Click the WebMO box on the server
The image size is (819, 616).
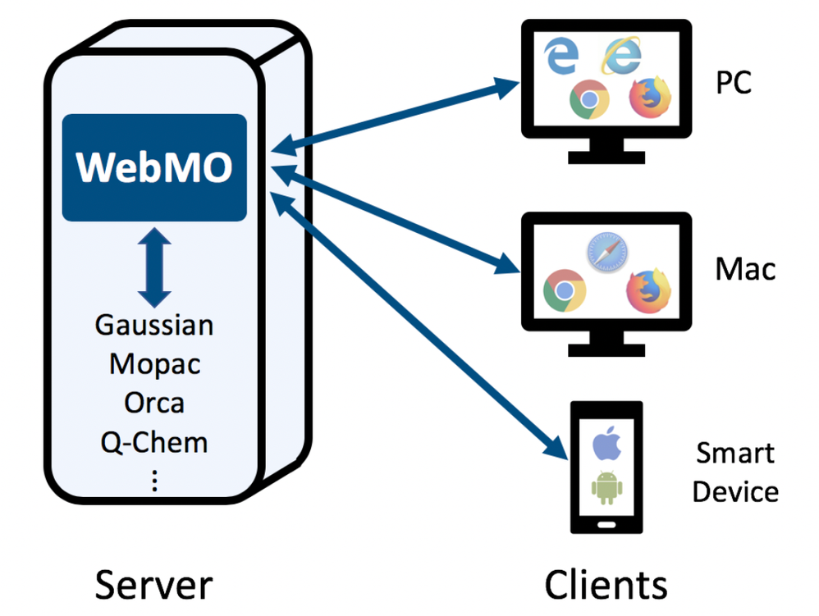coord(154,167)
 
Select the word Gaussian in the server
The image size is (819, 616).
coord(154,325)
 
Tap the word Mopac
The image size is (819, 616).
coord(154,364)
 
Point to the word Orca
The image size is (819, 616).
coord(154,403)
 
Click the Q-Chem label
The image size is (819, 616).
coord(154,443)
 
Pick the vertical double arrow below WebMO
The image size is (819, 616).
coord(154,267)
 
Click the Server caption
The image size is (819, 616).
coord(153,585)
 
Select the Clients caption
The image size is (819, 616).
coord(606,585)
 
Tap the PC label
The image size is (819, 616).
coord(734,83)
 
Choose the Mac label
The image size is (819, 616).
coord(744,269)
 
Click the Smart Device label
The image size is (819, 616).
coord(735,472)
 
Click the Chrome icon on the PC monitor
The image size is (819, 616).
coord(589,100)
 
